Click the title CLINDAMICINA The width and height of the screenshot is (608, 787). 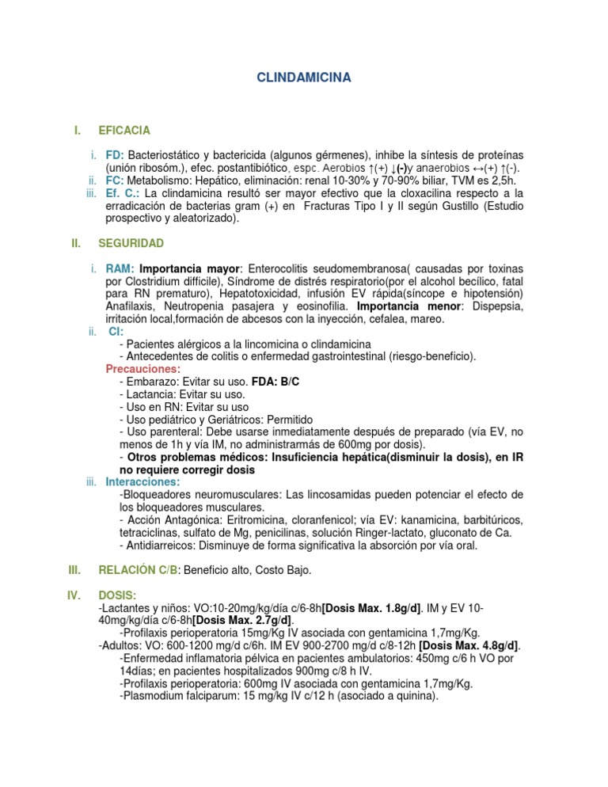[x=304, y=78]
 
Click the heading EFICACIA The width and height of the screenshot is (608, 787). [x=124, y=129]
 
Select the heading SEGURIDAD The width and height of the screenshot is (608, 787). [x=131, y=242]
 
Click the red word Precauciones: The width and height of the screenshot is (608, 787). [x=143, y=369]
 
